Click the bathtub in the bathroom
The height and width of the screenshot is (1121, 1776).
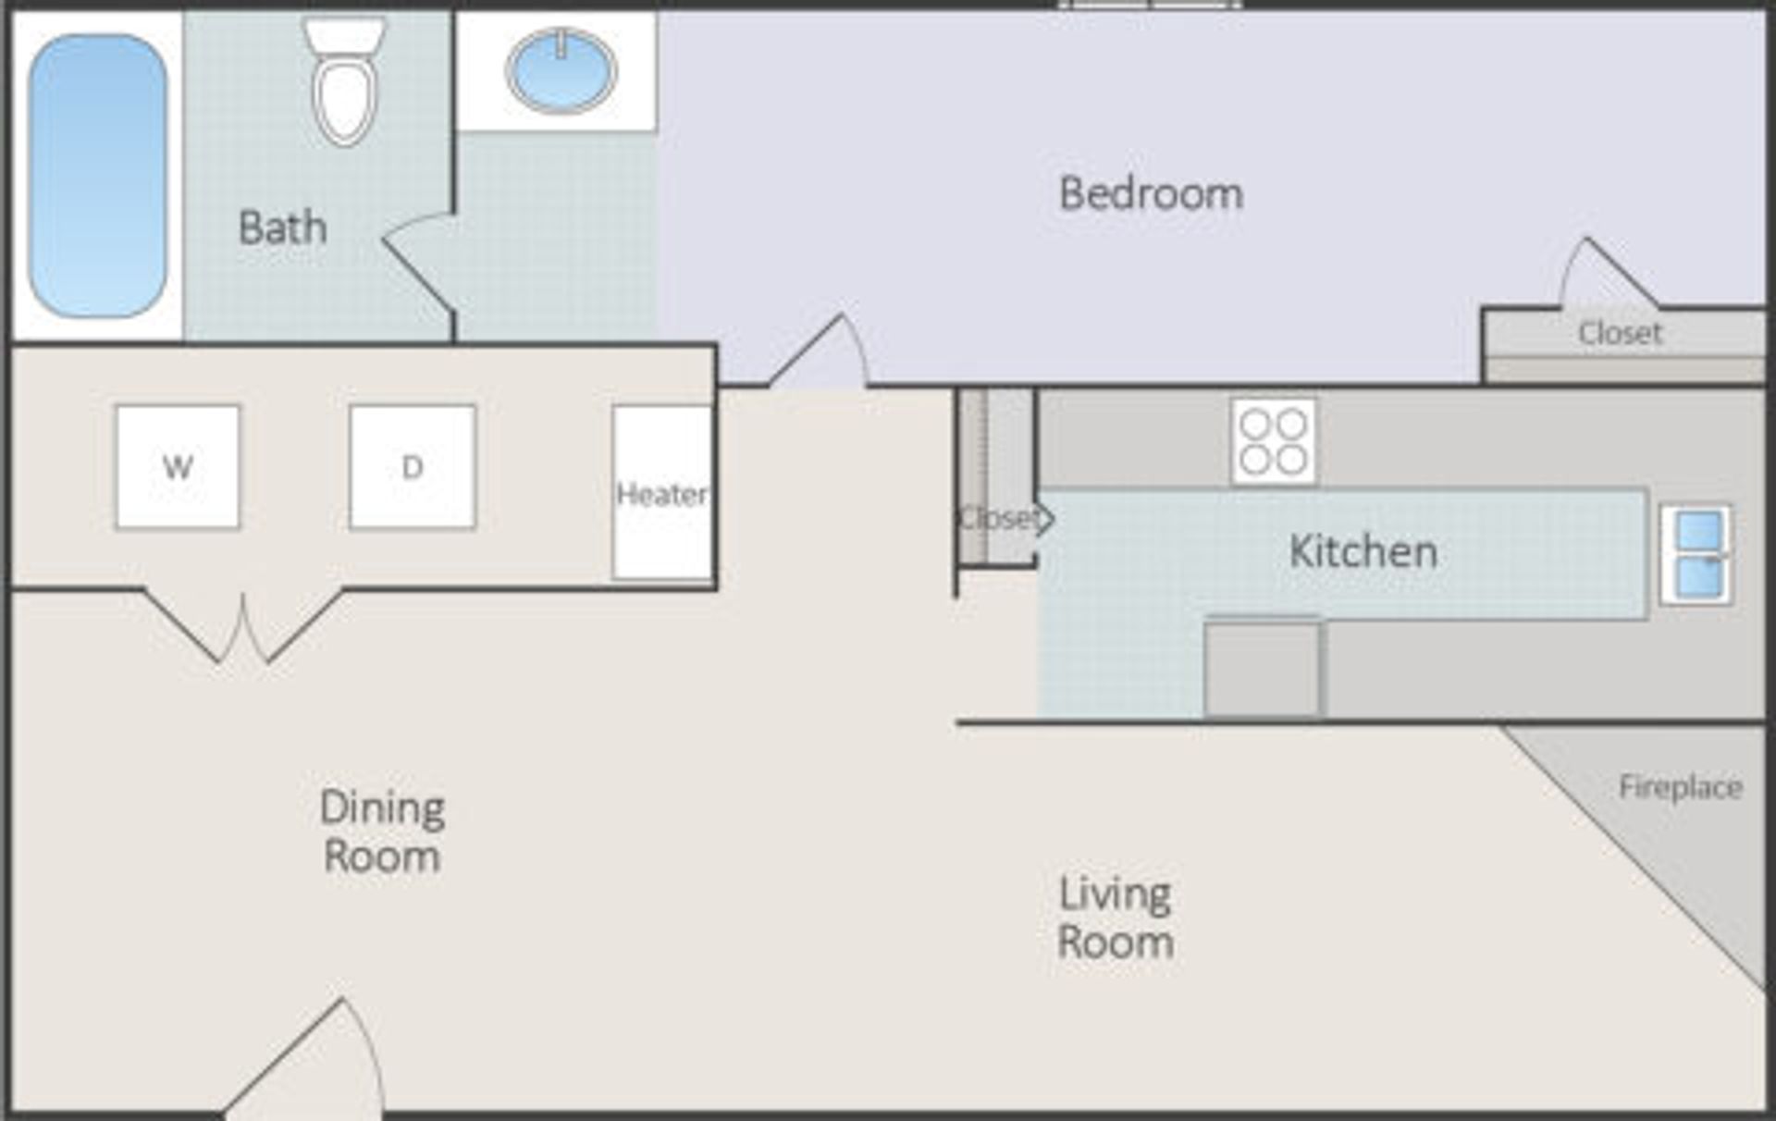click(98, 176)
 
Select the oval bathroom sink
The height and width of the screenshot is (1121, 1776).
click(561, 70)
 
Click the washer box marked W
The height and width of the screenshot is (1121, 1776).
click(178, 466)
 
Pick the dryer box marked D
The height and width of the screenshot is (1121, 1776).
click(413, 466)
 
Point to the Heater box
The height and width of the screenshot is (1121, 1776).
click(662, 494)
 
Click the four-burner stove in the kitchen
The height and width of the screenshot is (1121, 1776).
click(1273, 441)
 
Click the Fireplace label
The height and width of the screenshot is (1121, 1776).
click(1680, 787)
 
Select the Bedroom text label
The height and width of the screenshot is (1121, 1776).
click(1151, 194)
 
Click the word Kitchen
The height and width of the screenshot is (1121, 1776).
click(1363, 552)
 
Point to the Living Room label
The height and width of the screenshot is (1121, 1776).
click(1116, 918)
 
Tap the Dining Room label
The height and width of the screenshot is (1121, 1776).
click(382, 832)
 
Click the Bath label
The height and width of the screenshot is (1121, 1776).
click(282, 228)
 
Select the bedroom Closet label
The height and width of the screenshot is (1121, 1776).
click(1619, 333)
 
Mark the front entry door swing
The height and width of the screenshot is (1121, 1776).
click(314, 1064)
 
